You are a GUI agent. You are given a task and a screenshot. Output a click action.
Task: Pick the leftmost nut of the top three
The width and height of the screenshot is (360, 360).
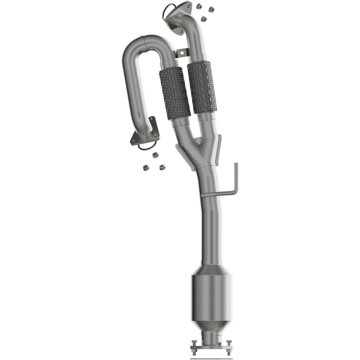[198, 6]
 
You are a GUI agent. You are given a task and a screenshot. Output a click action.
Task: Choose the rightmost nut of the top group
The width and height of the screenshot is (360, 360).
[211, 9]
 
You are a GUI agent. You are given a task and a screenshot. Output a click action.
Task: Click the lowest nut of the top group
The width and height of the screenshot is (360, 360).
[204, 19]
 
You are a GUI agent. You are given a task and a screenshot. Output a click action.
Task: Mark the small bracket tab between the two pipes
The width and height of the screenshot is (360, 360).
[181, 53]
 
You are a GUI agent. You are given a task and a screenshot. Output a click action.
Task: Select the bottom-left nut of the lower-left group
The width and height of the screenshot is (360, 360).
[146, 167]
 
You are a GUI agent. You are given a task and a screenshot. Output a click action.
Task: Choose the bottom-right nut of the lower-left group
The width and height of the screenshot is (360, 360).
[159, 167]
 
